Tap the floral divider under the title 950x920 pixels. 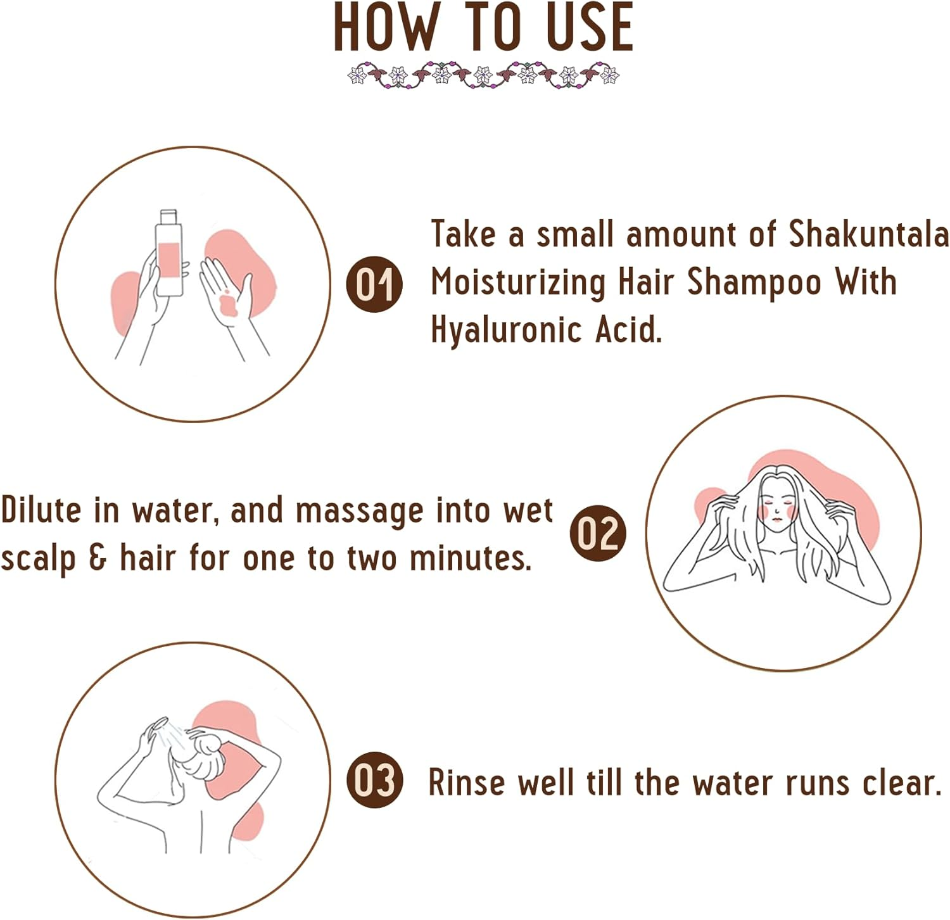pyautogui.click(x=483, y=75)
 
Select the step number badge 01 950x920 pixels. pyautogui.click(x=374, y=284)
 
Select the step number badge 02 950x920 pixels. pyautogui.click(x=598, y=532)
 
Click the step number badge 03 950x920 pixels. pyautogui.click(x=374, y=780)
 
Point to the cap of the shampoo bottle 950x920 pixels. pyautogui.click(x=168, y=216)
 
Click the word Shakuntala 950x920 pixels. pyautogui.click(x=868, y=234)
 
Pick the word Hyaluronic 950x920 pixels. pyautogui.click(x=506, y=330)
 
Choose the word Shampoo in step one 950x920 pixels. pyautogui.click(x=754, y=282)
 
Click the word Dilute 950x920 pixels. pyautogui.click(x=41, y=510)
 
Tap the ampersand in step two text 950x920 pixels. pyautogui.click(x=98, y=558)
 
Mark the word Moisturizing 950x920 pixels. pyautogui.click(x=518, y=282)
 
